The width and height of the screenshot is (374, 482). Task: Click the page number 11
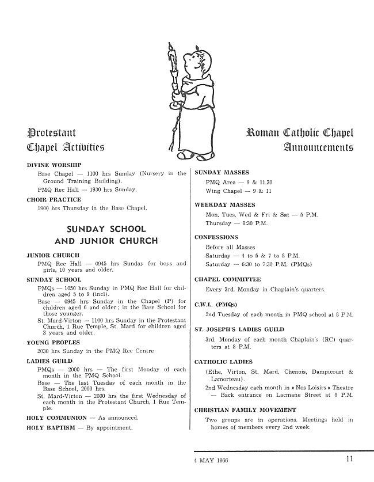click(x=350, y=459)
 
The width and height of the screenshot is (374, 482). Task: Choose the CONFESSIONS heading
click(x=216, y=237)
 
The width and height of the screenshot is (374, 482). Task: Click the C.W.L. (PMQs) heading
click(x=216, y=304)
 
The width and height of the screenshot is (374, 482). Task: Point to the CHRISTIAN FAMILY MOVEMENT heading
click(x=245, y=409)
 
